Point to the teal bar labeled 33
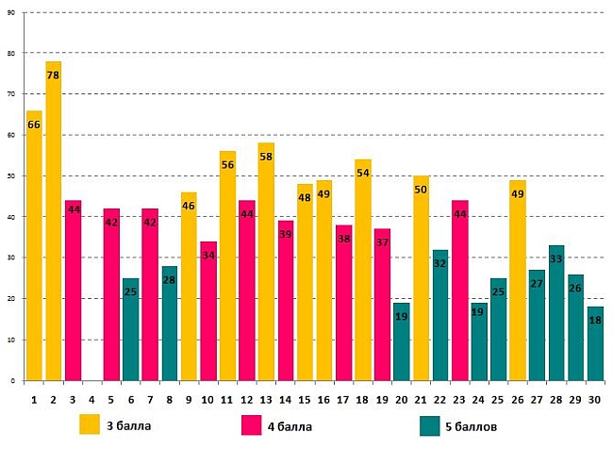(555, 312)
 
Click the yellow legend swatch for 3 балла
(90, 424)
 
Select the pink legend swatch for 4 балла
(252, 424)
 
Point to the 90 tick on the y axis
(10, 12)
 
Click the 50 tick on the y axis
(10, 176)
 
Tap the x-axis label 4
(92, 399)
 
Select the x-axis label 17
(344, 399)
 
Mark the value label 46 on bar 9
(189, 206)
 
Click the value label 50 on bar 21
(421, 191)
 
